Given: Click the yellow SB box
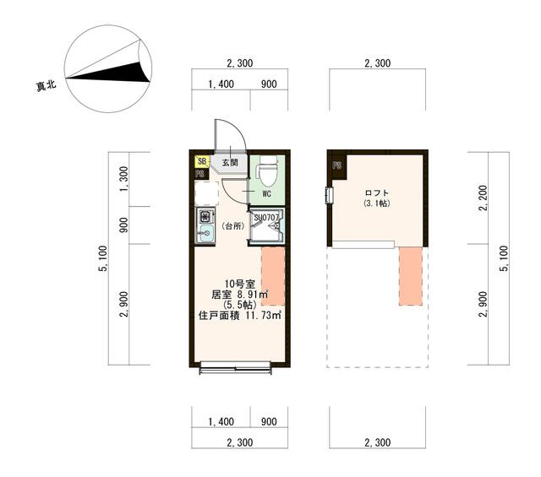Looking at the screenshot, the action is point(202,161).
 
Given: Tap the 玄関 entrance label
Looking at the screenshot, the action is point(230,162).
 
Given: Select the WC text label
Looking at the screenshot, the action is point(266,193).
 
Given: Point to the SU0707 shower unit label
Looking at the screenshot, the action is point(266,218).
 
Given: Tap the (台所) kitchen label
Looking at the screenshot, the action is point(233,226).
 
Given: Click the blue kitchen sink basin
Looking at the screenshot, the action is point(205,233).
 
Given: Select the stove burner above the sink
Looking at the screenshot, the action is point(205,216).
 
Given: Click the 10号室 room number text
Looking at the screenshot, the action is point(240,284).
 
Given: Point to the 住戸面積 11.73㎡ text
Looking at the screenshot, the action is point(240,316).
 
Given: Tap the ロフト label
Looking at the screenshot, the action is point(376,193).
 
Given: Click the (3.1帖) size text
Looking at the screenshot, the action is point(377,203).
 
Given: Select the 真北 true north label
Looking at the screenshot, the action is point(46,85).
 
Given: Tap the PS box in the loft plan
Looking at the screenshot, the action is point(337,165).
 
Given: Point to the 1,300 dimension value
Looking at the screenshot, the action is point(123,179).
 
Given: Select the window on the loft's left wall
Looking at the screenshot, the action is point(330,195).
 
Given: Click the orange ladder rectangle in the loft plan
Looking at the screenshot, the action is point(411,276).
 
